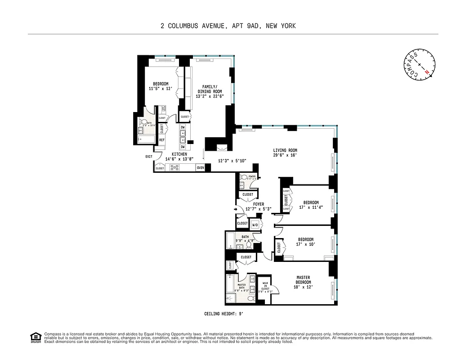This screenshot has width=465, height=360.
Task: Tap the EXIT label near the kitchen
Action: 148,157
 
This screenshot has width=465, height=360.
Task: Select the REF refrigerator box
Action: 161,140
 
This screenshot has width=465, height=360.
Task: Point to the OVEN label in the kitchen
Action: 201,168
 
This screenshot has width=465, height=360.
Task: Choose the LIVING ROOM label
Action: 285,150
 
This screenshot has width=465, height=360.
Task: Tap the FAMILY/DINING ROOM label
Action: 210,89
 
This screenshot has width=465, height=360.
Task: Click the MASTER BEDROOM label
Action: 303,280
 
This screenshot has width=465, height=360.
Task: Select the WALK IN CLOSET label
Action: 265,287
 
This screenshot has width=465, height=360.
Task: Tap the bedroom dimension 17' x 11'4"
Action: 311,208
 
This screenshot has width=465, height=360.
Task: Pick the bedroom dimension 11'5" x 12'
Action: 161,89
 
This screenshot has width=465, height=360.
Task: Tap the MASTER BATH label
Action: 241,288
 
